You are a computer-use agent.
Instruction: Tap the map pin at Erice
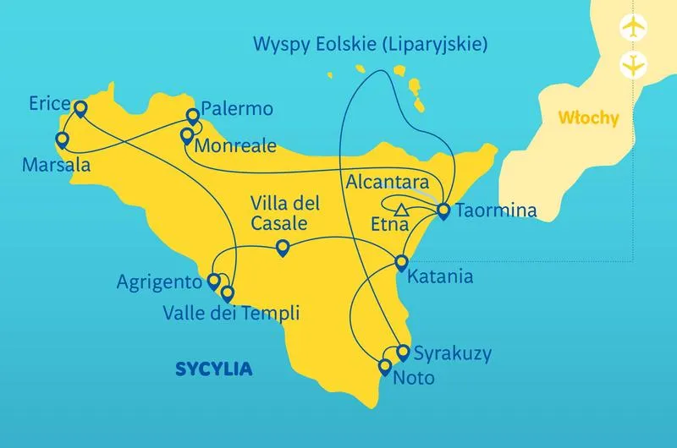coord(80,108)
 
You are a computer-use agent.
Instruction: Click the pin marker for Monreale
coord(187,135)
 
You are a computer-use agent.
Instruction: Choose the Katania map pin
coord(401,263)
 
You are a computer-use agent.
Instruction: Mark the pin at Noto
coord(385,366)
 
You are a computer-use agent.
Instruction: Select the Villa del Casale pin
coord(283,247)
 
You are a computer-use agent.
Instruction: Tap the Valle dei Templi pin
coord(227,292)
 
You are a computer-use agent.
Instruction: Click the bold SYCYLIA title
coord(215,369)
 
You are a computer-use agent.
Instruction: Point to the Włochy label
coord(589,117)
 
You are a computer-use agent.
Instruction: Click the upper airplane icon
coord(631,26)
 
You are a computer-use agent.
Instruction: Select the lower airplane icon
coord(631,63)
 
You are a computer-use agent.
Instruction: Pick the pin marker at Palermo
coord(192,119)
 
